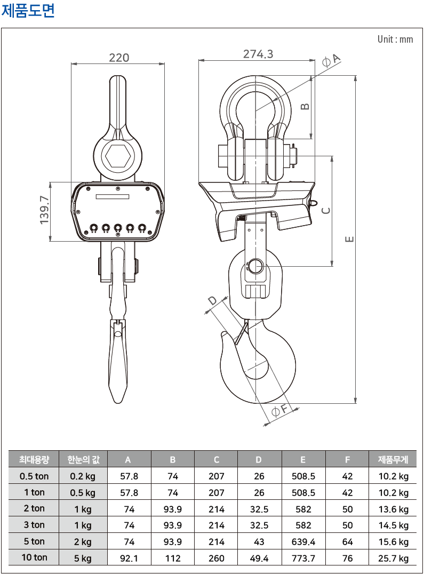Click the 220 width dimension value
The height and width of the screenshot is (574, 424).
tap(119, 58)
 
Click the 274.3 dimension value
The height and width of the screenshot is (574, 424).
tap(258, 54)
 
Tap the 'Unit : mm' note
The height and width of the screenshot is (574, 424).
tap(395, 39)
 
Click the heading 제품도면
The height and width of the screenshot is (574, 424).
tap(28, 10)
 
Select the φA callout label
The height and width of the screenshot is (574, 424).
tap(331, 60)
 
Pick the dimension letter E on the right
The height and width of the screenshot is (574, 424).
tap(350, 239)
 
